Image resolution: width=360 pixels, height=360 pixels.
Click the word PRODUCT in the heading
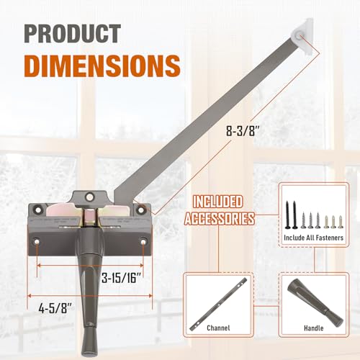coord(72,33)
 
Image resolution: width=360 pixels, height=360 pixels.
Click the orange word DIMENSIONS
coord(102,66)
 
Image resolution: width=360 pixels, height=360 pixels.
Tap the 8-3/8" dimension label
coord(243,131)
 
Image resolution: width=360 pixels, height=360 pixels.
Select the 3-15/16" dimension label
coord(121,278)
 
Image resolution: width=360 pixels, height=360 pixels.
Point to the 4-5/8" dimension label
coord(55,308)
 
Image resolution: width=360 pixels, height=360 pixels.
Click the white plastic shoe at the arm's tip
coord(302,36)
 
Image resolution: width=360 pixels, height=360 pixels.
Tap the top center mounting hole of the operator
coord(89,197)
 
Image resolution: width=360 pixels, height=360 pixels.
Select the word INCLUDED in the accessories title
coord(218,202)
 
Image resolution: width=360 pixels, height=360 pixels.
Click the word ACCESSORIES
coord(220,219)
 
